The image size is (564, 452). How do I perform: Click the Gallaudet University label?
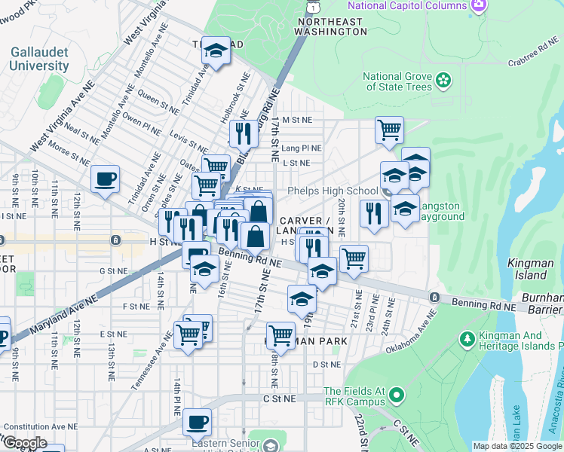(38, 59)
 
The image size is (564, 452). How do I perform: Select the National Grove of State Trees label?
(397, 81)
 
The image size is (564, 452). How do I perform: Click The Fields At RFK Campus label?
(354, 396)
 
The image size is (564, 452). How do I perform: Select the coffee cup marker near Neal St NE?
(106, 179)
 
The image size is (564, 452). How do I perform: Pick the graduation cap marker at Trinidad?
(216, 50)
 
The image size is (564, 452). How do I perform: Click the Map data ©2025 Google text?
(516, 446)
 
